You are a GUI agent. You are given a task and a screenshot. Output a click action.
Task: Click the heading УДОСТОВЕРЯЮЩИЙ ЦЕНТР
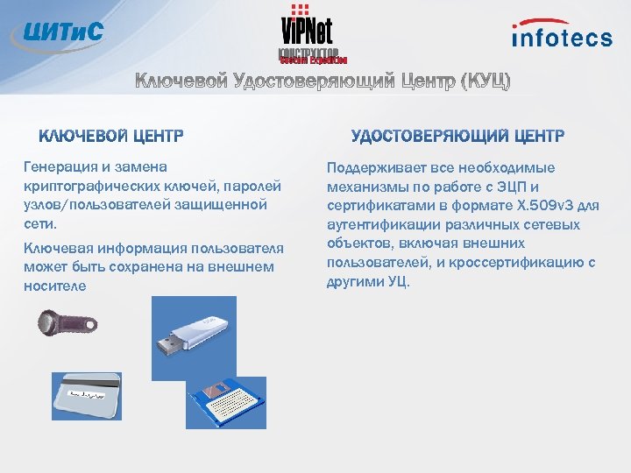[x=457, y=137]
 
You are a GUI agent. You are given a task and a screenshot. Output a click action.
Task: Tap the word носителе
[x=55, y=286]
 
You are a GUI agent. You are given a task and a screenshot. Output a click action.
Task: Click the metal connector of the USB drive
[x=167, y=344]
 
